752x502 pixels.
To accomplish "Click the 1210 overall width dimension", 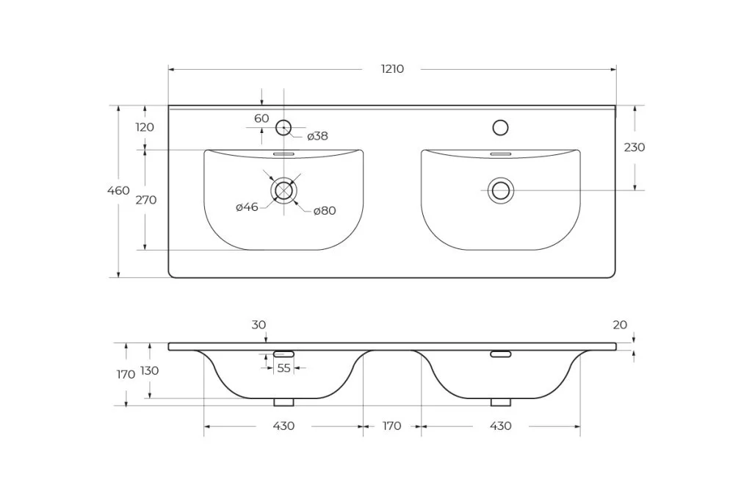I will (x=392, y=69).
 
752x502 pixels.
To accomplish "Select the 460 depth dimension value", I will (x=118, y=191).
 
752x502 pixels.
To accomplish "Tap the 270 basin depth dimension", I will (x=145, y=200).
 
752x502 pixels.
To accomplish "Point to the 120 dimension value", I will (x=145, y=127).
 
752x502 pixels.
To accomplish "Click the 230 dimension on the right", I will (x=634, y=147).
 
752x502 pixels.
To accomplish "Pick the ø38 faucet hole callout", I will (x=317, y=136).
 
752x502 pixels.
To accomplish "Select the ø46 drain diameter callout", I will (x=247, y=207).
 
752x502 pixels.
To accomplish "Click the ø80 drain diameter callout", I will (x=325, y=211).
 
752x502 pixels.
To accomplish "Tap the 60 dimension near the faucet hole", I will (x=261, y=118).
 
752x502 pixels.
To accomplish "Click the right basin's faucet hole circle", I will (x=501, y=128).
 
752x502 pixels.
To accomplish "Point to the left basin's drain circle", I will (x=283, y=191).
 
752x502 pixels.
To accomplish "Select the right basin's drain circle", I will (x=501, y=191).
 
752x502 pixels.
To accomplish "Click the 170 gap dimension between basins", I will (x=392, y=426).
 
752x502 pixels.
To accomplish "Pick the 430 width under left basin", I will (x=283, y=426).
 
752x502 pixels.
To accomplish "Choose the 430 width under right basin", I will (x=501, y=426).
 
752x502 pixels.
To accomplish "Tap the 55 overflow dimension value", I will (x=283, y=368).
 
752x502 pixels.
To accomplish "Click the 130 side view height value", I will (x=149, y=370).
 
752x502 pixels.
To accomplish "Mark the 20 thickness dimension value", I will (x=620, y=325).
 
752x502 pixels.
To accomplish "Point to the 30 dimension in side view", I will (x=258, y=325).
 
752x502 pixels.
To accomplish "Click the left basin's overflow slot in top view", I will (x=283, y=154).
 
